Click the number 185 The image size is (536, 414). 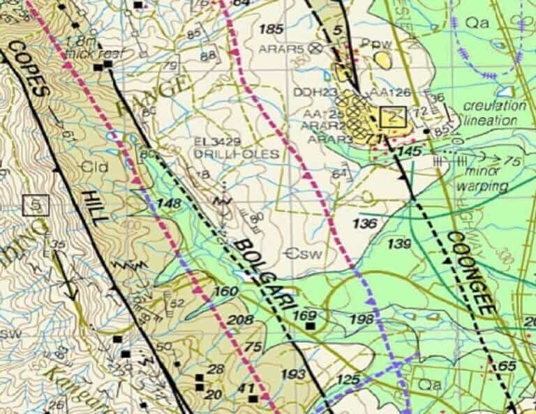click(271, 29)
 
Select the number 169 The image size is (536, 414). click(304, 316)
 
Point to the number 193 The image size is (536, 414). click(293, 375)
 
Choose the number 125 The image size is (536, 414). click(348, 380)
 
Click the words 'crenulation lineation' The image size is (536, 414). click(494, 113)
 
